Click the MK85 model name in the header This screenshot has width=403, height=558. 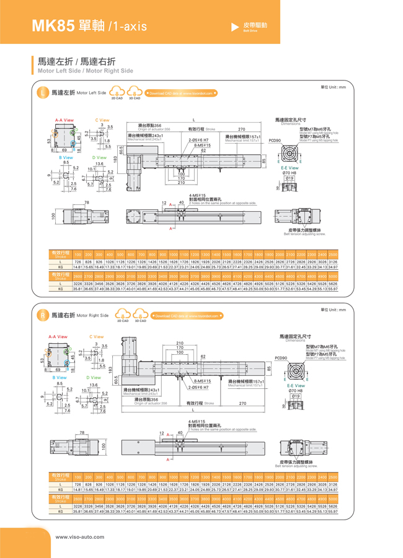(x=51, y=25)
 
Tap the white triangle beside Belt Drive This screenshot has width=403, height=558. (x=235, y=27)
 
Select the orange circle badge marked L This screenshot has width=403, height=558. (x=42, y=93)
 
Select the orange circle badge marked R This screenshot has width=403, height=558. (x=42, y=315)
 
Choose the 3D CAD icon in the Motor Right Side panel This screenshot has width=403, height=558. (x=140, y=315)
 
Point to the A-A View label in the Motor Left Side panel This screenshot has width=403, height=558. (x=64, y=120)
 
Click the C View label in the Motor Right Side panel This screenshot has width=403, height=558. (x=97, y=337)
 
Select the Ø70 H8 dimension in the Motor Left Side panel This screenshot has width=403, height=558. (x=289, y=173)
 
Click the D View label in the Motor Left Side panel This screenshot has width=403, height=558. (x=99, y=158)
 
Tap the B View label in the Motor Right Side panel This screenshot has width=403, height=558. (x=60, y=377)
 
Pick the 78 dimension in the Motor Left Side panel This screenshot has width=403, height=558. (x=87, y=203)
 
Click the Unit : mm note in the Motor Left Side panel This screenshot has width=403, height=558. (x=333, y=87)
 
